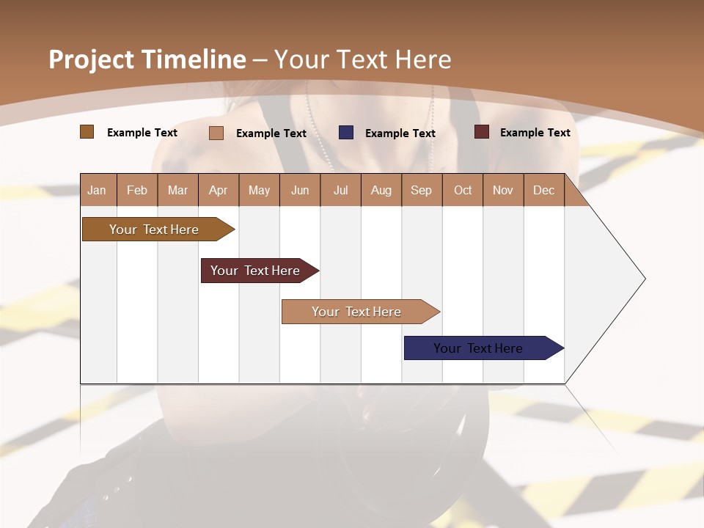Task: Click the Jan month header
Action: (x=98, y=190)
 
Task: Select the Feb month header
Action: (x=137, y=190)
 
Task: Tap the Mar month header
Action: (x=177, y=190)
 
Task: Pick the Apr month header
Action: (x=219, y=190)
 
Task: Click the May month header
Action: (x=259, y=190)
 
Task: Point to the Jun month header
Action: (x=300, y=190)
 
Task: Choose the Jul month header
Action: (x=340, y=190)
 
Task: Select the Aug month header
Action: (x=381, y=190)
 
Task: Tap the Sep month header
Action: (x=422, y=190)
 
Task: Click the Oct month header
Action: (x=463, y=190)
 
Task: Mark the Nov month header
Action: (x=503, y=190)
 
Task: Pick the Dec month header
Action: (x=544, y=190)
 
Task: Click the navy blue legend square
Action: (x=346, y=133)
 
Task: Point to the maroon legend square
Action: (x=482, y=132)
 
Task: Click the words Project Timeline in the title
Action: (x=147, y=59)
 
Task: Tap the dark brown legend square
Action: (x=87, y=132)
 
